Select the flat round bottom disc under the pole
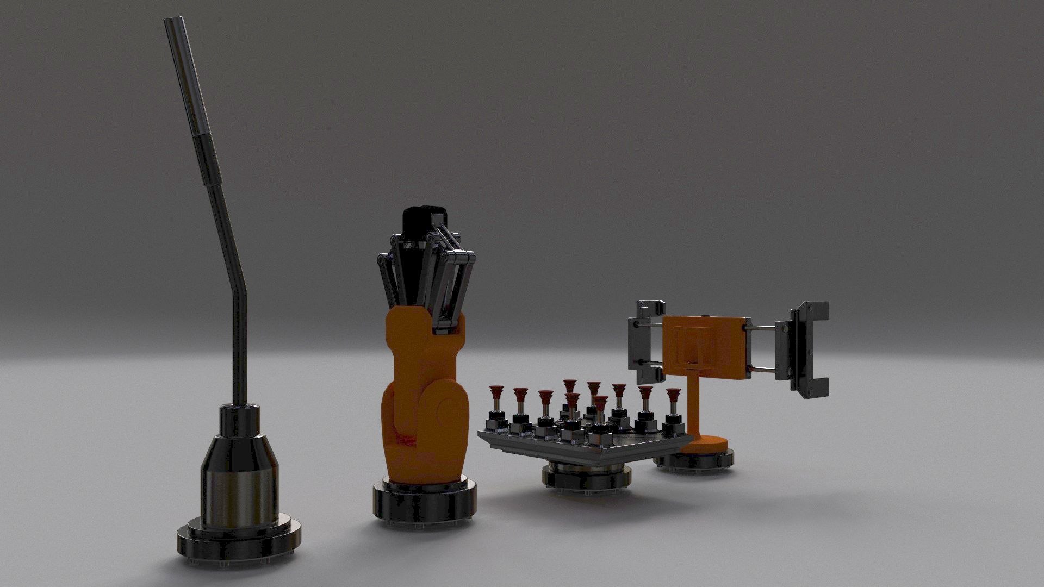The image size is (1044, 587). pyautogui.click(x=239, y=546)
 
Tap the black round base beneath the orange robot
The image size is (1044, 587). pyautogui.click(x=424, y=503)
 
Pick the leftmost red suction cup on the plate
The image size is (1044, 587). pyautogui.click(x=495, y=391)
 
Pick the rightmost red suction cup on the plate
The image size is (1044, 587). pyautogui.click(x=673, y=394)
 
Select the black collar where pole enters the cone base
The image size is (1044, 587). pyautogui.click(x=239, y=419)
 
